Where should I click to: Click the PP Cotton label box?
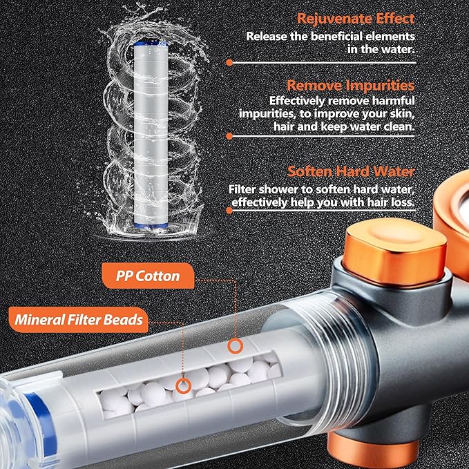[x=148, y=276]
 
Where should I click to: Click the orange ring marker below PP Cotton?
[x=236, y=345]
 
